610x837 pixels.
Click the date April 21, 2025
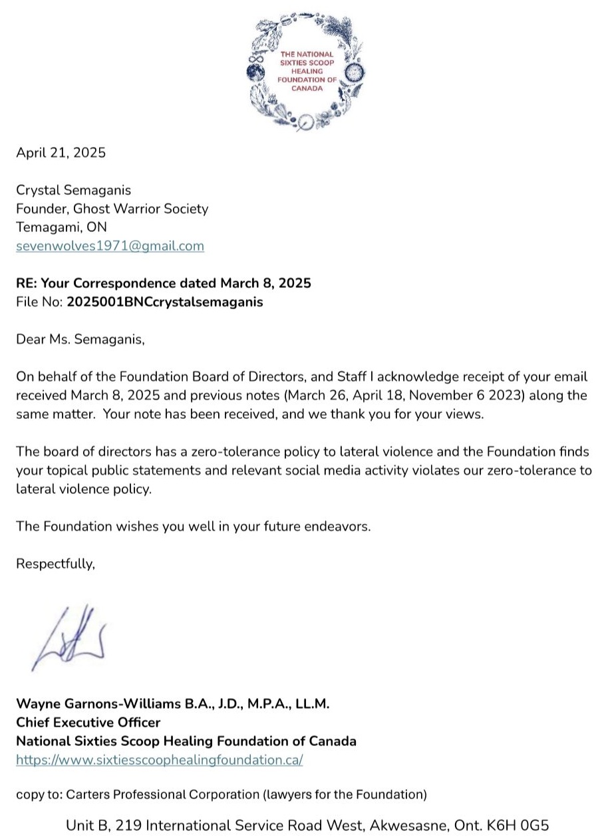pos(61,152)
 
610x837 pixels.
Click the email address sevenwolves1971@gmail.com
pos(110,246)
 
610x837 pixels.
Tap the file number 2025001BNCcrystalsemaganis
pos(164,302)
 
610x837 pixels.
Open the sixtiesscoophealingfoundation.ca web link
pos(159,760)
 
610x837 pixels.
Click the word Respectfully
pos(55,564)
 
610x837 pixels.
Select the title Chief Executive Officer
pos(88,722)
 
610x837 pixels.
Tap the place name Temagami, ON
pos(61,227)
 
